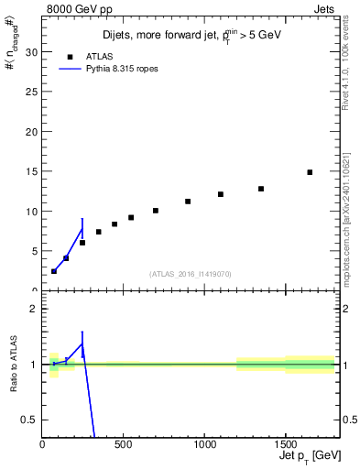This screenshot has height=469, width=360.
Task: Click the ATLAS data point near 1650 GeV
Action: pyautogui.click(x=310, y=172)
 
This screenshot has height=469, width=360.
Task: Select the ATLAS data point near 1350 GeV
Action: pyautogui.click(x=261, y=189)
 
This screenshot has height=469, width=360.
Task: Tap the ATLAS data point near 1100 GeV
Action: pyautogui.click(x=221, y=194)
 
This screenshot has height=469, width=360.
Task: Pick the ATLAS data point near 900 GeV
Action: pyautogui.click(x=188, y=202)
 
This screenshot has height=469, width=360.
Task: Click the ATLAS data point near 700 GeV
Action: pyautogui.click(x=156, y=211)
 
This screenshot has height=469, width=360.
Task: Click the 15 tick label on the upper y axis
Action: pyautogui.click(x=32, y=171)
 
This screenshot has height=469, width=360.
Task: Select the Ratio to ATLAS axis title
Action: pyautogui.click(x=12, y=366)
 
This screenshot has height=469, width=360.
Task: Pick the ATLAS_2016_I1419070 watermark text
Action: pyautogui.click(x=191, y=274)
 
